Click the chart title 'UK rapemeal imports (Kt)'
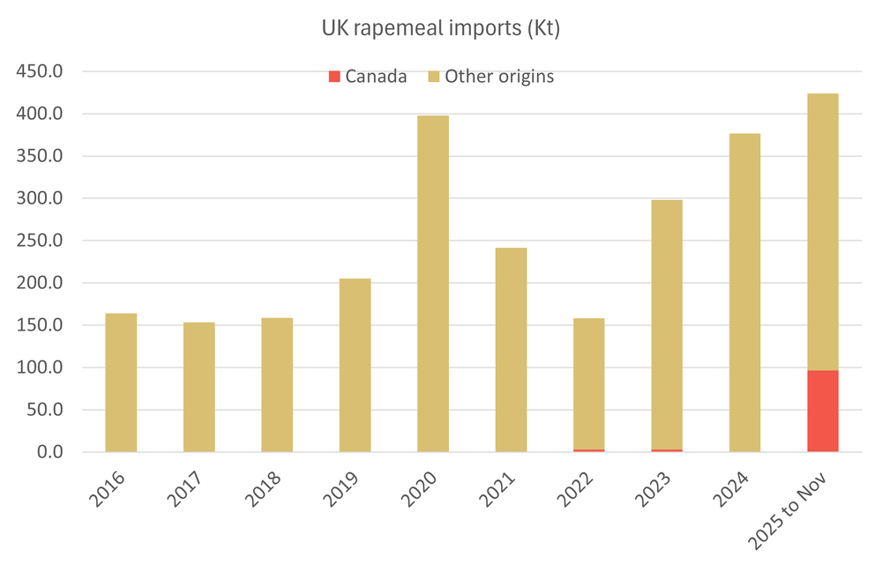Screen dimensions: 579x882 coord(440,29)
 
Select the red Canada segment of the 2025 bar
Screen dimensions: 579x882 coord(822,411)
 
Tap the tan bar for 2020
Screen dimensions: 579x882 coord(432,284)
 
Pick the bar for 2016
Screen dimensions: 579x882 coord(121,382)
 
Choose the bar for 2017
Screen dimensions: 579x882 coord(198,387)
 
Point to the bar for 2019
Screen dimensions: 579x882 coord(355,365)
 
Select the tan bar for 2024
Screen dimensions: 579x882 coord(744,293)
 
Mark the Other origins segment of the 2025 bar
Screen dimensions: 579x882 coord(822,232)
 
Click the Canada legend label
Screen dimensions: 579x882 coord(376,77)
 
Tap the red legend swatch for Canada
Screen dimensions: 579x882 coord(333,77)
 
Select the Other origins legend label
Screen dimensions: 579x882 coord(498,77)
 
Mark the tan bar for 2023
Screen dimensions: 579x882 coord(667,324)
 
